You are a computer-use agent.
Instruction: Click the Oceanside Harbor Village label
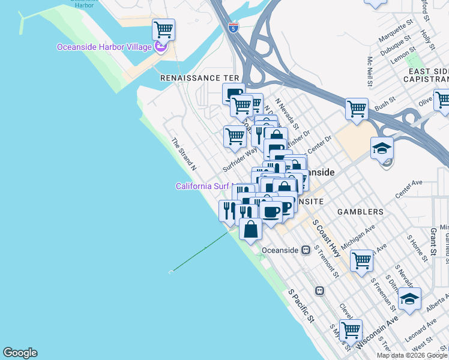click(x=104, y=47)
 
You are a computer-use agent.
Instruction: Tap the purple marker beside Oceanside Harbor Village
click(x=160, y=46)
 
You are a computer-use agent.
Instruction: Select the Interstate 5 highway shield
click(x=233, y=27)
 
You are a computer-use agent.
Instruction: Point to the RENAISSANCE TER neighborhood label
click(x=200, y=78)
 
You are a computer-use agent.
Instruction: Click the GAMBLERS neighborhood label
click(x=360, y=212)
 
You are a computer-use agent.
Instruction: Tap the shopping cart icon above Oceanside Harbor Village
click(x=163, y=29)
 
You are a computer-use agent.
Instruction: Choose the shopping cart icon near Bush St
click(x=357, y=109)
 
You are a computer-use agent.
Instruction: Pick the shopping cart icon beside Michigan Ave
click(x=361, y=260)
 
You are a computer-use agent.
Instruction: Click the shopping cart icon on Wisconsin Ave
click(x=350, y=329)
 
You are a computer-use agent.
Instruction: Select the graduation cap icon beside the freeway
click(x=382, y=147)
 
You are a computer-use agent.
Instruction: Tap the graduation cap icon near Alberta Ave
click(x=409, y=298)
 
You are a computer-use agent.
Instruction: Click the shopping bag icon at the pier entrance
click(x=250, y=229)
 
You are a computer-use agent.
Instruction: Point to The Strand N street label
click(x=184, y=152)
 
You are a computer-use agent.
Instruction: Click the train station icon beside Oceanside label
click(x=306, y=249)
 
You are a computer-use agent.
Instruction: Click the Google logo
click(x=20, y=353)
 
